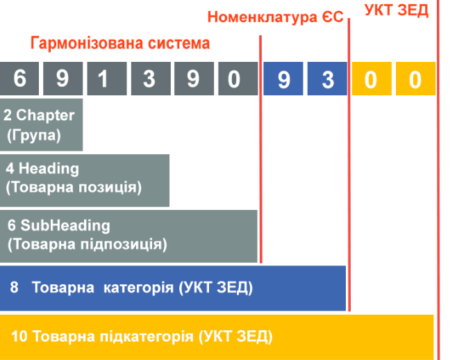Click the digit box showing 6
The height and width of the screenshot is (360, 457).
(x=19, y=79)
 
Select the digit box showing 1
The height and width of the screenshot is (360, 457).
(x=103, y=79)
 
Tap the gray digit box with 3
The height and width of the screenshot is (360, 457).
(x=148, y=79)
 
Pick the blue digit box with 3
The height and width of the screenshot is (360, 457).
(x=328, y=79)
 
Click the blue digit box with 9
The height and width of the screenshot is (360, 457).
(x=283, y=79)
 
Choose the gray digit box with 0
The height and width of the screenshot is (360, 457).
(x=235, y=79)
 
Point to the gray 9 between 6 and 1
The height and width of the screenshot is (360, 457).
(x=62, y=79)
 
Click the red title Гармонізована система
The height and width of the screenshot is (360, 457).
(x=120, y=44)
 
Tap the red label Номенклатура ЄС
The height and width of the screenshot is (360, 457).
(x=276, y=17)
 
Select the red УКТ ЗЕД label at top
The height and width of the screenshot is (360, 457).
(x=397, y=10)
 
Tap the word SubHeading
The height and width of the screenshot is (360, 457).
(x=65, y=226)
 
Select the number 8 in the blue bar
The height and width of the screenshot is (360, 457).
(x=14, y=287)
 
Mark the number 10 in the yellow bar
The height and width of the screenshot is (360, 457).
(x=19, y=337)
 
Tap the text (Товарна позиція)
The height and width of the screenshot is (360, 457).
(x=73, y=187)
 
